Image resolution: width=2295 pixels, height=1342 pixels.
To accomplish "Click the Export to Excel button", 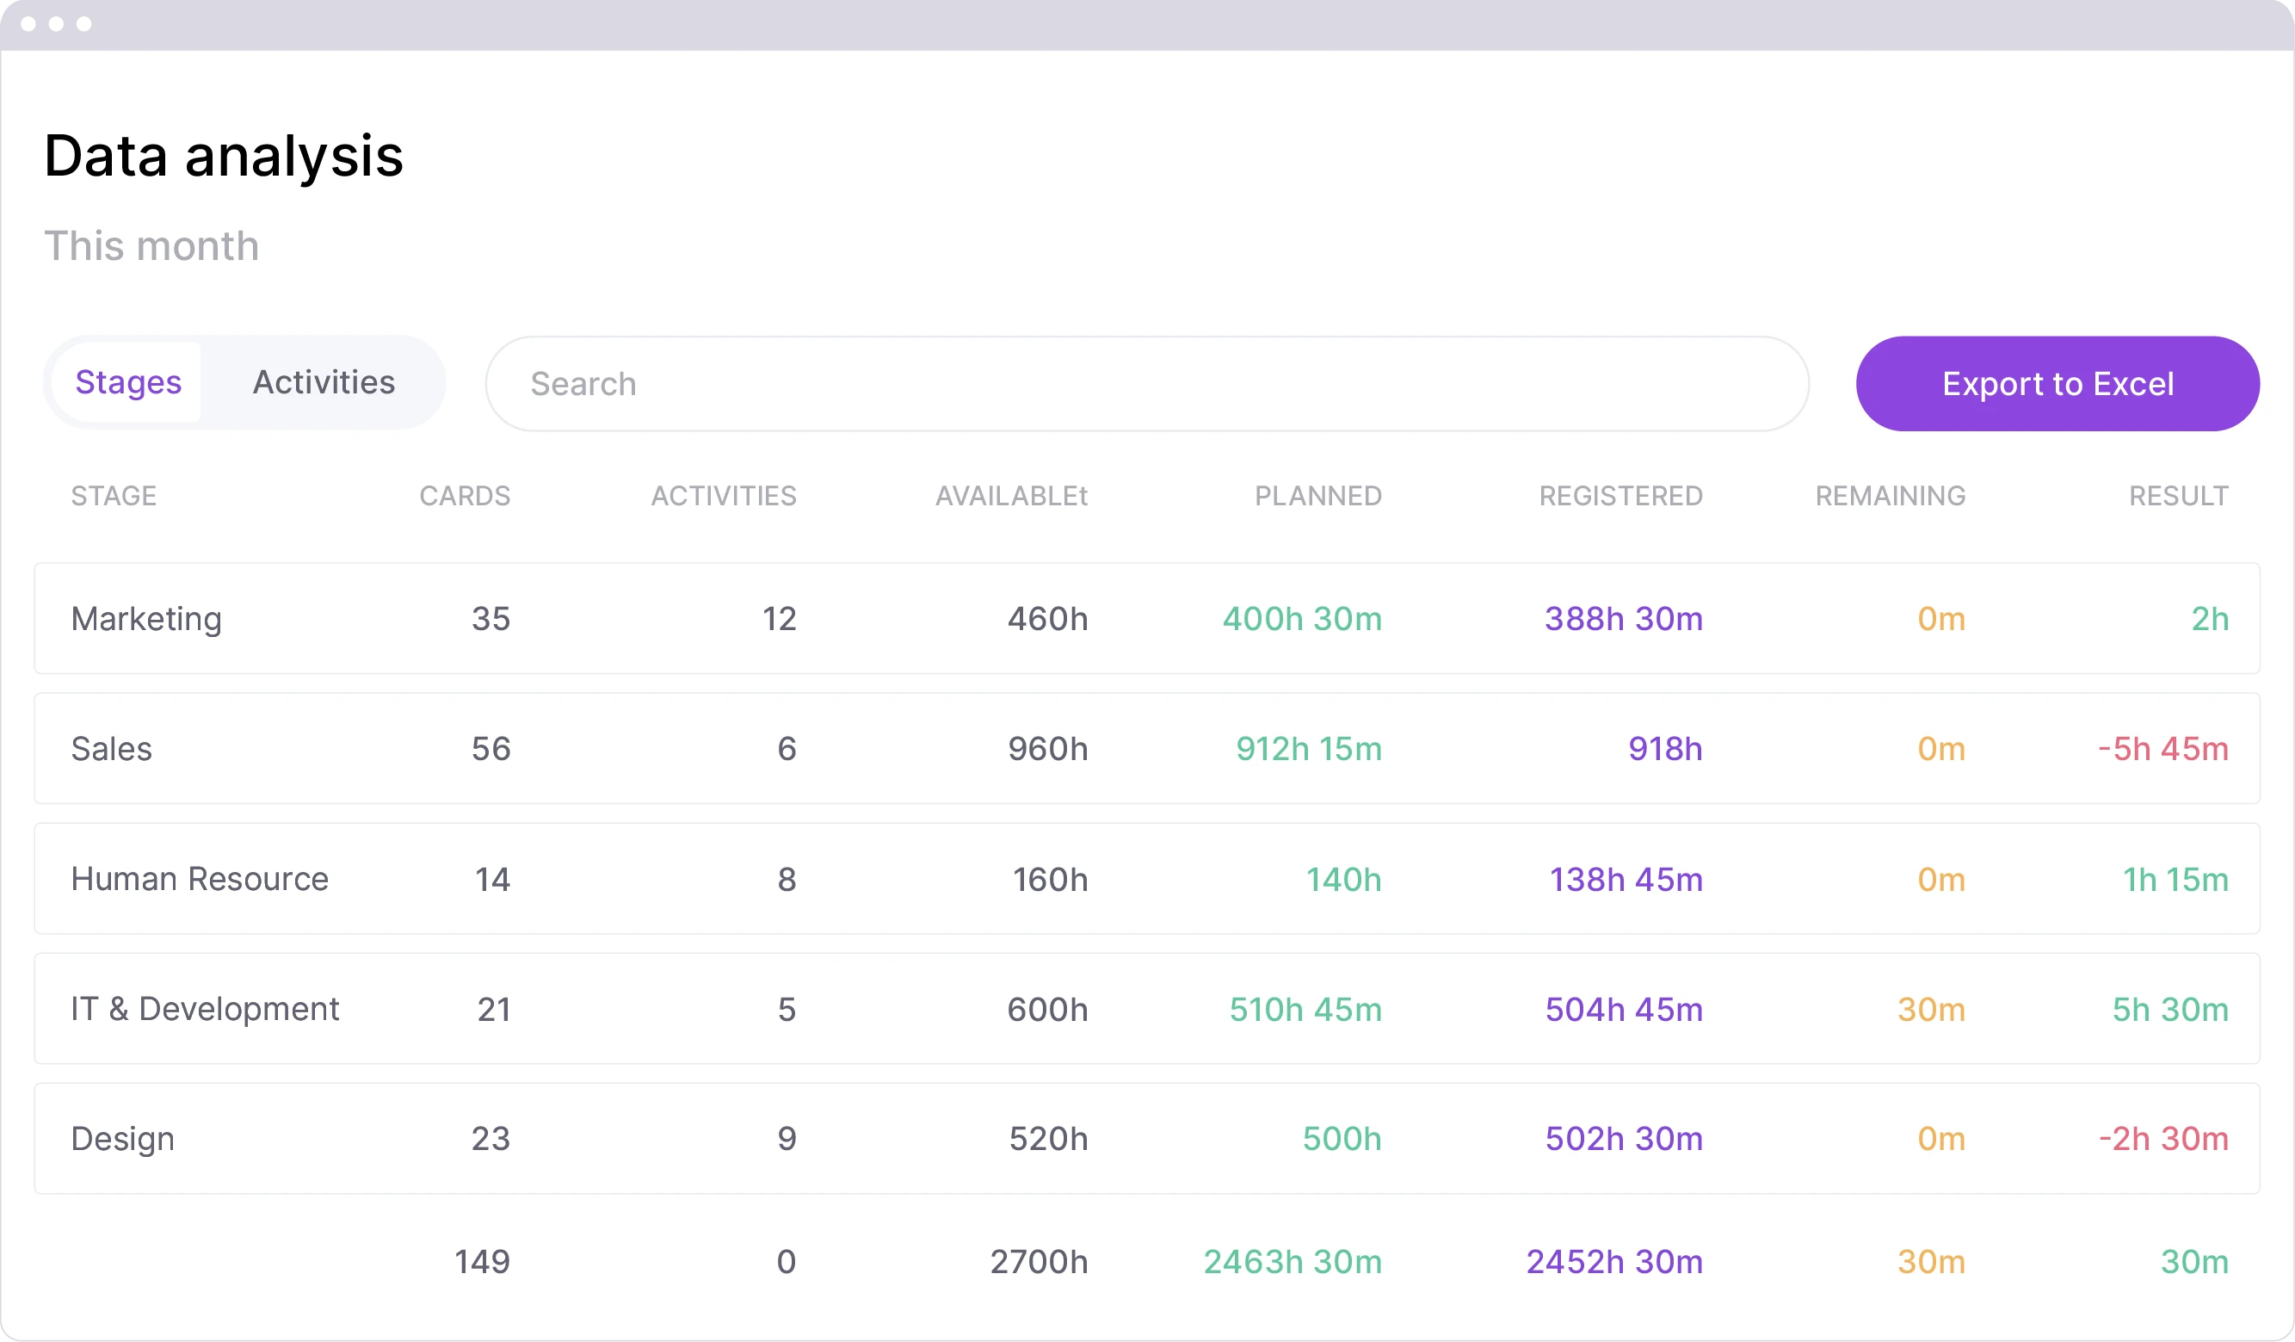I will click(x=2057, y=384).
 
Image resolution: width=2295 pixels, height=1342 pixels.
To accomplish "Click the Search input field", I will click(x=1145, y=384).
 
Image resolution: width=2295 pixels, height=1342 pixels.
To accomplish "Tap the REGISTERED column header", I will click(x=1620, y=496).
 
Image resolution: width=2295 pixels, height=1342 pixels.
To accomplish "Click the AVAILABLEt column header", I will click(x=1011, y=496).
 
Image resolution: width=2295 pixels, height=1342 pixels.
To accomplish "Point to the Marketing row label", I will click(x=146, y=619).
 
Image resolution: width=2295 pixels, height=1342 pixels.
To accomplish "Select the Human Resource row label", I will click(x=200, y=879).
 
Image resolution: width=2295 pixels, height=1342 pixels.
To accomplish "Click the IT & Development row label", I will click(x=205, y=1009).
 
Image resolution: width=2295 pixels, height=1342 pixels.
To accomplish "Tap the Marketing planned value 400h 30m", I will click(x=1301, y=619).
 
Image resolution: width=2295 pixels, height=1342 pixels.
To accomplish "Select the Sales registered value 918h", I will click(x=1665, y=749).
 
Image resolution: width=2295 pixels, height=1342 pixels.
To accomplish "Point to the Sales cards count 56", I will click(x=490, y=749).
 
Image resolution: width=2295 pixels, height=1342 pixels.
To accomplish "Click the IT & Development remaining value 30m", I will click(x=1931, y=1010).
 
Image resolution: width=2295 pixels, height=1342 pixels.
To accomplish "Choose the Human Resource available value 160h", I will click(x=1050, y=879).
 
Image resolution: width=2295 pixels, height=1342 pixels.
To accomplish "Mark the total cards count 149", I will click(x=482, y=1262).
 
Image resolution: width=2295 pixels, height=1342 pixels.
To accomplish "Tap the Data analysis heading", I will click(x=223, y=156).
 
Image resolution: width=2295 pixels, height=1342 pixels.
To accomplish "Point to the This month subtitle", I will click(x=151, y=246).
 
